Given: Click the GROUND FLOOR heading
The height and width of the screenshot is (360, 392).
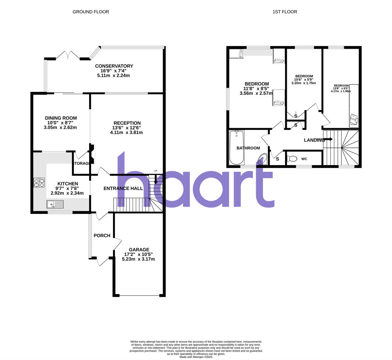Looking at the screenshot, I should pos(90,12).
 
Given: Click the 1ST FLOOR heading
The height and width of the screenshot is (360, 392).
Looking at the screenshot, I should pos(285,12).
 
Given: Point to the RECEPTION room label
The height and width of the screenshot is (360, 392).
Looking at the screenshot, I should pos(127,123).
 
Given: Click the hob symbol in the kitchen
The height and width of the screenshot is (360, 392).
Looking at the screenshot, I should pos(39,182).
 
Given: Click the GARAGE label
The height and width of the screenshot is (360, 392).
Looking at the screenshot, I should pos(139,249).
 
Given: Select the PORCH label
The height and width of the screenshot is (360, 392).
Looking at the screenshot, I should pos(102,235).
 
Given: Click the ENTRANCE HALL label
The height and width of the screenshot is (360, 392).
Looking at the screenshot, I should pos(123,188).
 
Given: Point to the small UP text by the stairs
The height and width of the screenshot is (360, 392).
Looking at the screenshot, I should pos(156,171).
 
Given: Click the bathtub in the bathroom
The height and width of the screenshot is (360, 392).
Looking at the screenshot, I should pos(237,147).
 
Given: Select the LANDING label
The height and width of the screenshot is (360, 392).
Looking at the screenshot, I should pos(314,140).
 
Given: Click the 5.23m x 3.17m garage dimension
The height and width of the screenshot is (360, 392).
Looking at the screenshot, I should pos(138,259).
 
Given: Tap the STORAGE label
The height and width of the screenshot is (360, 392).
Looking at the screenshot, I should pos(81,163).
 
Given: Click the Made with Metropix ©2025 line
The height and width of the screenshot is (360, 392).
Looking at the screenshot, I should pos(196,357).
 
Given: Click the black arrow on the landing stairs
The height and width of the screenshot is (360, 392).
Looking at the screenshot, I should pos(328,139).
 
